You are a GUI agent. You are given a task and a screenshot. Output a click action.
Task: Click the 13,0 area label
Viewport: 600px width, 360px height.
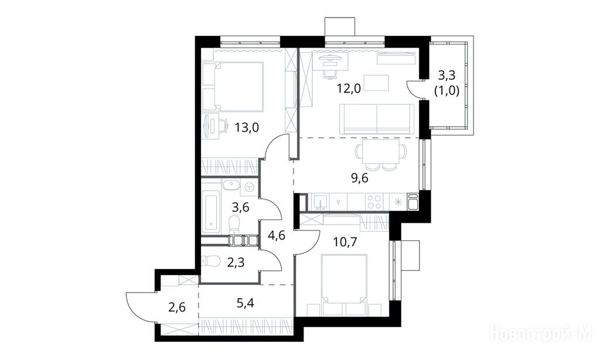247,127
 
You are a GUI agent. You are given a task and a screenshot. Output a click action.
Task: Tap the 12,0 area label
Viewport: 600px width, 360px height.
349,89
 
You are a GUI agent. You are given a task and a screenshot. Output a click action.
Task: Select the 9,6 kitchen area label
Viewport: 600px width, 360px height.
359,178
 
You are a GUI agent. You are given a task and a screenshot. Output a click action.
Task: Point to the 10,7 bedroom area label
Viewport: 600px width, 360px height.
345,242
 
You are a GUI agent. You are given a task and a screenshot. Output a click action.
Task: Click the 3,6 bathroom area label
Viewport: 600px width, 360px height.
241,208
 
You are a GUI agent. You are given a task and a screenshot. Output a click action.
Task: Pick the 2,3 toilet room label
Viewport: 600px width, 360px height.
236,263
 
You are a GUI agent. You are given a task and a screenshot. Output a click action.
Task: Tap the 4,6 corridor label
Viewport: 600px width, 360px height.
277,235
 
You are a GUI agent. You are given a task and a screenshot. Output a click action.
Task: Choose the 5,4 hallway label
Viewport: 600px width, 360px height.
245,304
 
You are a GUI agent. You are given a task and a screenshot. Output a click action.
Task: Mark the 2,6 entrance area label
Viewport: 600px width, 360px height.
177,307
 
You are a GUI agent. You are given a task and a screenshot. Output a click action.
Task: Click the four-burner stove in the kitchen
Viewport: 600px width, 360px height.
374,202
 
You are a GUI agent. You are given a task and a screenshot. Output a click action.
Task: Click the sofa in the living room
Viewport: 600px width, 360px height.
377,118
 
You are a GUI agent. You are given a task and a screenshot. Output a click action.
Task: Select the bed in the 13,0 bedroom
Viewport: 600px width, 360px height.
233,87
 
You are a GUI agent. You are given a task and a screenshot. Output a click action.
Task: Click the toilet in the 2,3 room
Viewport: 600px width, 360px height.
210,261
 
